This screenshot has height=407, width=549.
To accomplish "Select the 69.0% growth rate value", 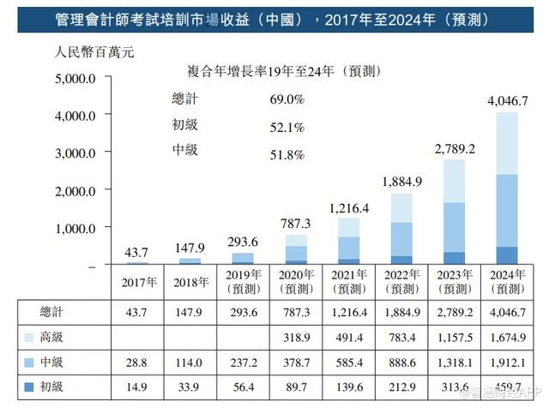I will point(287,99).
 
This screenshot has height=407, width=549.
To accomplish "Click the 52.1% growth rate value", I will point(287,125).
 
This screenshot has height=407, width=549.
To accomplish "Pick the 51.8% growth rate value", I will point(287,150).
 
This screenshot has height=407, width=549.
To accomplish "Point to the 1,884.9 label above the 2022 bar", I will point(401,182).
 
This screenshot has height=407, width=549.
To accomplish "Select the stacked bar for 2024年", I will point(507,189).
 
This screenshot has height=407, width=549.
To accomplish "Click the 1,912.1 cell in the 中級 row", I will point(507,362).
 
